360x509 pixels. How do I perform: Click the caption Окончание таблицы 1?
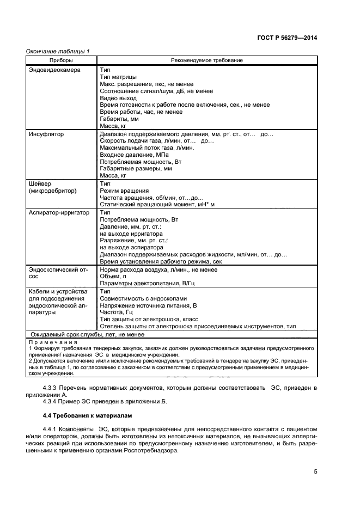point(58,51)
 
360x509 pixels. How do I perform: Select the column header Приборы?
point(62,60)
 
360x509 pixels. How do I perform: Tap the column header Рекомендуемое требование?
point(207,60)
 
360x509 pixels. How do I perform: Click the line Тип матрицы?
point(118,77)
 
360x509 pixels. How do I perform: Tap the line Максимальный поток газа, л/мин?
point(148,148)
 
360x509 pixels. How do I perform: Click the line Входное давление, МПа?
point(133,155)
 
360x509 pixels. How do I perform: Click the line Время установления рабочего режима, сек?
point(161,261)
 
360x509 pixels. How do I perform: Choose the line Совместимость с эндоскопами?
point(144,298)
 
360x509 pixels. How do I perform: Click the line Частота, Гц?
point(117,312)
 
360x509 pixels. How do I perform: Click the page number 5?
point(315,471)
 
